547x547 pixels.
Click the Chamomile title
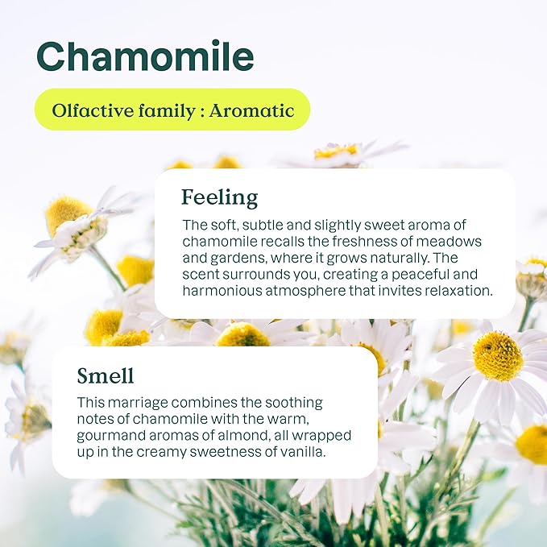coord(145,56)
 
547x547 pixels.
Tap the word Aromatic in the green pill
coord(251,110)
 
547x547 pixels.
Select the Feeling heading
coord(219,198)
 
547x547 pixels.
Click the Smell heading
coord(106,375)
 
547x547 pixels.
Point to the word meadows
coord(449,242)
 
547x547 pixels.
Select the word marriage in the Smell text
coord(138,403)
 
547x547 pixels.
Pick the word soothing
coord(294,403)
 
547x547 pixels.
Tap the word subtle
coord(263,225)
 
